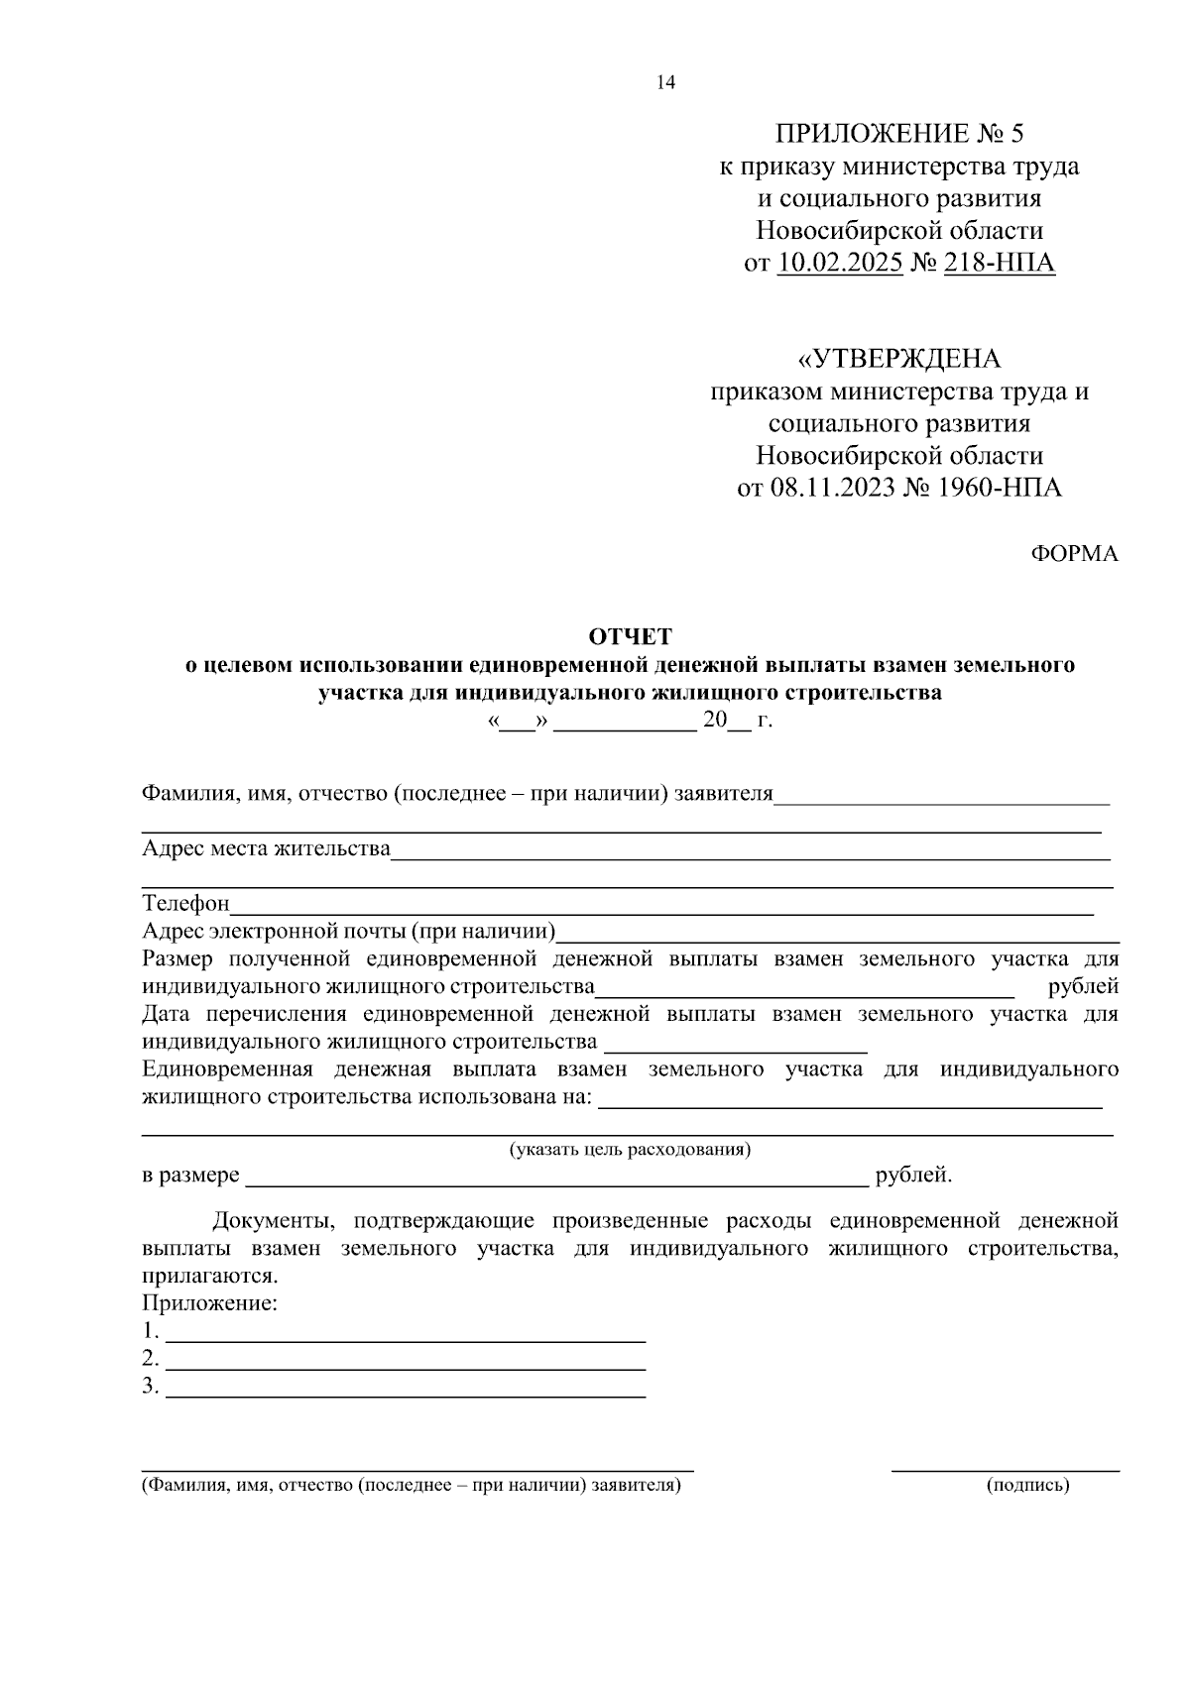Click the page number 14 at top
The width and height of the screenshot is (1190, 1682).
tap(665, 83)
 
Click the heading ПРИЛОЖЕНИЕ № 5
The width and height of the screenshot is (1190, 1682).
tap(898, 134)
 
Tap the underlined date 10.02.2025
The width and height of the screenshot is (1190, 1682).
tap(840, 264)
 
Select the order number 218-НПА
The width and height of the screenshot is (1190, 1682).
tap(1001, 264)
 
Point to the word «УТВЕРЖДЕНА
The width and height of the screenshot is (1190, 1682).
tap(899, 358)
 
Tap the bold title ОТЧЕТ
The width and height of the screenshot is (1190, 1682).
tap(631, 636)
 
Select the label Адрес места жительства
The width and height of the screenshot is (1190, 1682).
tap(266, 849)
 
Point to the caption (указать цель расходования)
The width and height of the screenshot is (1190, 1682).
tap(631, 1150)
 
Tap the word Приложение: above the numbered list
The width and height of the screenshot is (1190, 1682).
tap(209, 1303)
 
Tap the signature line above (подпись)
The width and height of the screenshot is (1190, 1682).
tap(1005, 1470)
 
